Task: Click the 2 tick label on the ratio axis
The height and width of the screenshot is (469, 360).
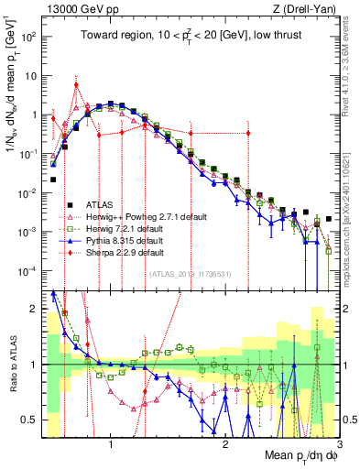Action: coord(35,308)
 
